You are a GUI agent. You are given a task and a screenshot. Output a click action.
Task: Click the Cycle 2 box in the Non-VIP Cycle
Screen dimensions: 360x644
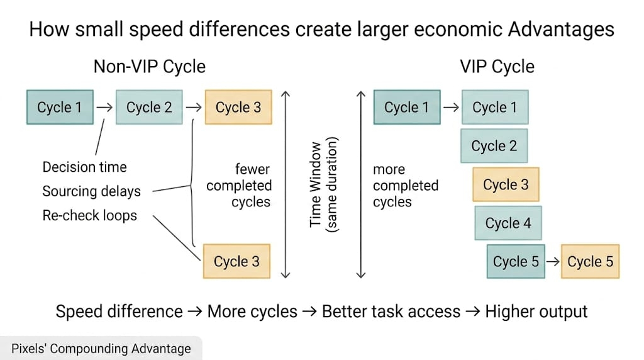click(x=149, y=107)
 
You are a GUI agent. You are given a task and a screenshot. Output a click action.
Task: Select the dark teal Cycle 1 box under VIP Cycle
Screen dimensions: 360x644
click(x=406, y=107)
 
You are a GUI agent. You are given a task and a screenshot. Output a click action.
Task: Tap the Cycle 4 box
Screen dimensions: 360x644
click(x=508, y=223)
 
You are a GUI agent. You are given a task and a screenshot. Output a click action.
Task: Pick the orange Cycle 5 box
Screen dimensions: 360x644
click(x=590, y=262)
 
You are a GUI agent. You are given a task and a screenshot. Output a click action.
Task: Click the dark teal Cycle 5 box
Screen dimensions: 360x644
click(x=516, y=262)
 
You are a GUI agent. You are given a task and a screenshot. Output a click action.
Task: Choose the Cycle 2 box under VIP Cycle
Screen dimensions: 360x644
click(x=494, y=146)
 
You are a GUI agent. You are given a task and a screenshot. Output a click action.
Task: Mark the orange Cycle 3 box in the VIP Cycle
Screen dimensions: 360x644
click(x=506, y=184)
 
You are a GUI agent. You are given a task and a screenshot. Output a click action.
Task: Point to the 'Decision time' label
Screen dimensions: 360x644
click(x=84, y=167)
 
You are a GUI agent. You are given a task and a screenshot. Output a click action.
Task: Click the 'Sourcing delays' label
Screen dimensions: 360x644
click(x=91, y=191)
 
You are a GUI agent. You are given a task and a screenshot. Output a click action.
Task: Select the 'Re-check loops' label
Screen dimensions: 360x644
click(x=89, y=215)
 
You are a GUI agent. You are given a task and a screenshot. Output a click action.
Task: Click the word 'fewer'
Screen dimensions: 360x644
click(x=253, y=169)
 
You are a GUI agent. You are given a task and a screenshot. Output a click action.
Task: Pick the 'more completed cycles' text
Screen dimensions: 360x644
click(x=405, y=186)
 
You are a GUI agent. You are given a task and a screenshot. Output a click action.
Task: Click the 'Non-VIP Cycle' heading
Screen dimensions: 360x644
click(x=150, y=66)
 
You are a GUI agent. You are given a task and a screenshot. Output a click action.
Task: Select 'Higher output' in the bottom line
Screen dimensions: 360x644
click(x=536, y=311)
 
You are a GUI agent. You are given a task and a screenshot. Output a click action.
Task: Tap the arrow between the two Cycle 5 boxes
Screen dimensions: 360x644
click(x=552, y=262)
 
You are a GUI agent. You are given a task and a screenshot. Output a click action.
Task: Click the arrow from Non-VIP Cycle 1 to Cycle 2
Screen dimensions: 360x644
click(x=104, y=107)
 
